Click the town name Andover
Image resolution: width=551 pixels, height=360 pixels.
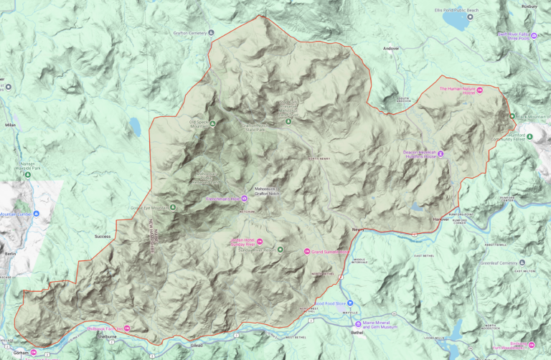(x=390, y=49)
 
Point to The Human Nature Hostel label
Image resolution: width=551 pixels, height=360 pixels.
(x=457, y=91)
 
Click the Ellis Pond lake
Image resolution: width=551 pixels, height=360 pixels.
(x=456, y=22)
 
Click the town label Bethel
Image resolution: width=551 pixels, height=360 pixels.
(x=357, y=333)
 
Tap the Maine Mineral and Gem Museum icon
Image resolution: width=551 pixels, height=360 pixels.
(x=358, y=323)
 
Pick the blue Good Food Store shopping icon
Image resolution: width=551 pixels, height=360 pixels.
(x=349, y=303)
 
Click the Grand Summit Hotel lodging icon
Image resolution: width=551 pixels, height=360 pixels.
(x=306, y=251)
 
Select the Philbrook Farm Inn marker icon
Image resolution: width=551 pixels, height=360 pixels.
(x=127, y=328)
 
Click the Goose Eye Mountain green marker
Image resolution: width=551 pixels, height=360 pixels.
(x=171, y=208)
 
